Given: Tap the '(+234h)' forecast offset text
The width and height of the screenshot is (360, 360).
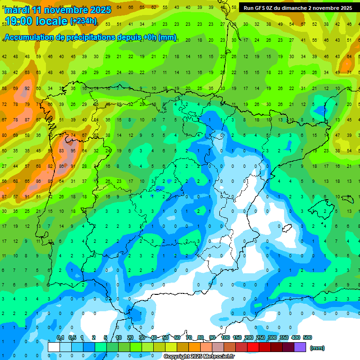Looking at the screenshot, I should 83,21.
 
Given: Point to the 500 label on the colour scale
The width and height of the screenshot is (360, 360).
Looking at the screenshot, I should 307,337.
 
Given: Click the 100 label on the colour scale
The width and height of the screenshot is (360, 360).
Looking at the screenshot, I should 225,337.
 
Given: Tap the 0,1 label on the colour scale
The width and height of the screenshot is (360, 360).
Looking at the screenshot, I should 60,337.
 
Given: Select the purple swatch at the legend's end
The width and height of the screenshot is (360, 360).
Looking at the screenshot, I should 300,347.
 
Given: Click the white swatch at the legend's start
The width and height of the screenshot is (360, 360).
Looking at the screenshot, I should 54,347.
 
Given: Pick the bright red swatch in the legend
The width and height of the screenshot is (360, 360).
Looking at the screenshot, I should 253,347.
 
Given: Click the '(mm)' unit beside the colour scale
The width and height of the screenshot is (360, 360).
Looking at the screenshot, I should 317,348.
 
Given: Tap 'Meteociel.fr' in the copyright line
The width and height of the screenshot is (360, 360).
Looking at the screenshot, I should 219,357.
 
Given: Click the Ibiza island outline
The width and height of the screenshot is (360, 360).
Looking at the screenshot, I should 285,228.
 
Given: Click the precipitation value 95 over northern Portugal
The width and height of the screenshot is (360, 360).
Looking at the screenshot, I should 73,151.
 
